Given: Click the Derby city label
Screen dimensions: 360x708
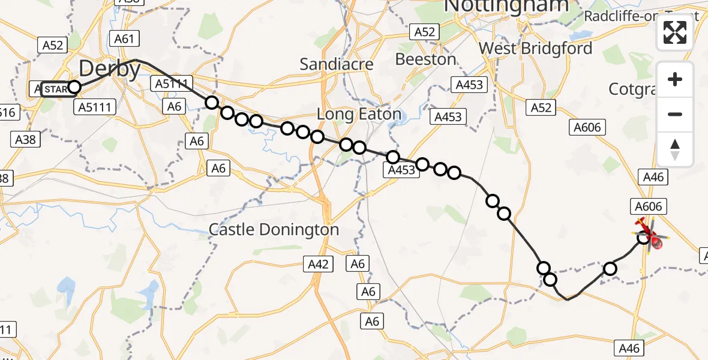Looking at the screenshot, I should pyautogui.click(x=109, y=68).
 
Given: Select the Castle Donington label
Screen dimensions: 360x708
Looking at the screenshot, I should pyautogui.click(x=274, y=229).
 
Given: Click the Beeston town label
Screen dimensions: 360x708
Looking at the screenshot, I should pyautogui.click(x=425, y=59).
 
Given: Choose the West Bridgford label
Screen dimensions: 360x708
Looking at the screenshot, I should pyautogui.click(x=535, y=48).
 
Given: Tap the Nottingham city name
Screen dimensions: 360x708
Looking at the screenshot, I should pyautogui.click(x=506, y=6).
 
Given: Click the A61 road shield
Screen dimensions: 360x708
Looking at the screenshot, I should pyautogui.click(x=124, y=39).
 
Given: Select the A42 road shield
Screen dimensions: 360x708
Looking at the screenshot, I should pyautogui.click(x=317, y=263).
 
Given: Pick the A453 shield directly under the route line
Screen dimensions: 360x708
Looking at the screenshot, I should pyautogui.click(x=401, y=170).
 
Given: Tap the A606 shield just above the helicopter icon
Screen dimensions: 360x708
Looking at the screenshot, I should pyautogui.click(x=648, y=206).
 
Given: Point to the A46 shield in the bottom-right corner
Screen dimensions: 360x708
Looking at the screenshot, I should pyautogui.click(x=629, y=347).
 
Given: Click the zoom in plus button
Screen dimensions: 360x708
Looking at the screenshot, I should pyautogui.click(x=675, y=79).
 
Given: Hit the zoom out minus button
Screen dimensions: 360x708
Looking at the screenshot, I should pyautogui.click(x=675, y=114).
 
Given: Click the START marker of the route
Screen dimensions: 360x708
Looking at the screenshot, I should pyautogui.click(x=55, y=89).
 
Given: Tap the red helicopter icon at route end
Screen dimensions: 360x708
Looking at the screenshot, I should pyautogui.click(x=652, y=238).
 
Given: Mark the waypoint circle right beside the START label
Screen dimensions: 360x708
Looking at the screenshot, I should pyautogui.click(x=74, y=88).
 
